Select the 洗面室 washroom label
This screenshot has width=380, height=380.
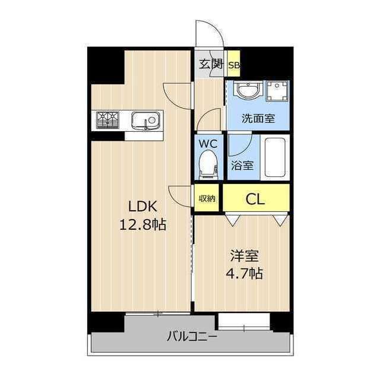258,118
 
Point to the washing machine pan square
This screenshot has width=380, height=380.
275,91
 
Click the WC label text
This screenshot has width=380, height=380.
208,144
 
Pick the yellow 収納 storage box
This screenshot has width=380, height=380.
207,198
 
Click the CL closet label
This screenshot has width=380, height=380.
256,198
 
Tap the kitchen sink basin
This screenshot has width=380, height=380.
144,121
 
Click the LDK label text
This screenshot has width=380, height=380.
142,207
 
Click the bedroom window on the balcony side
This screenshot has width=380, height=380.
243,321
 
